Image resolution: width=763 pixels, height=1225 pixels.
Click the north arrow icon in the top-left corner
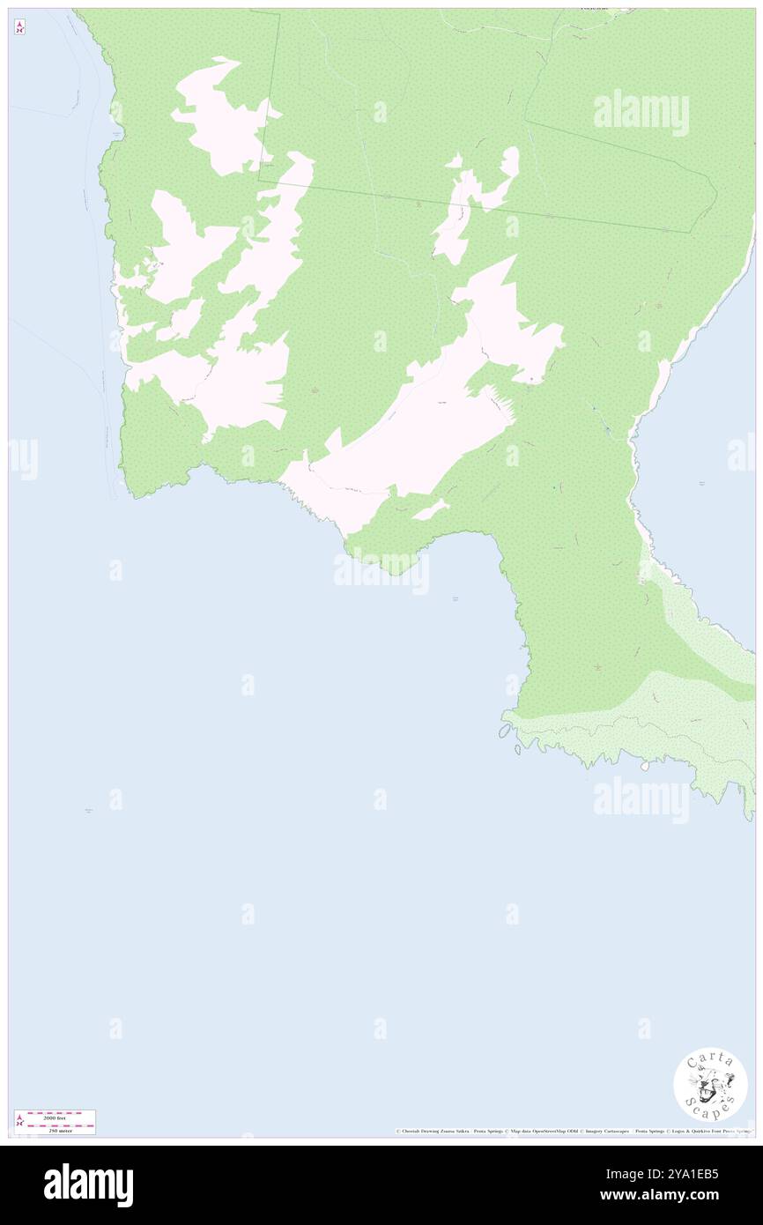click(19, 27)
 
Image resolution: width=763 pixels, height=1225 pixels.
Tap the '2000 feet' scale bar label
click(55, 1117)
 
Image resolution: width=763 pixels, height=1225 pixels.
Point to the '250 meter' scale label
click(55, 1129)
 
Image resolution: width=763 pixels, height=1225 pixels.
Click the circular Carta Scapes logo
click(710, 1085)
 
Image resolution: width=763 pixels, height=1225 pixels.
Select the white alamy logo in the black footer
click(88, 1185)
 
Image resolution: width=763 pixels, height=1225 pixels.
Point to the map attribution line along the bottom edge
click(574, 1131)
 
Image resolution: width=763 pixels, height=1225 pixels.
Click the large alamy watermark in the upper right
click(641, 113)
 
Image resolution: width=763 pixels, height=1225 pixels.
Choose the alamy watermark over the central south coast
click(381, 571)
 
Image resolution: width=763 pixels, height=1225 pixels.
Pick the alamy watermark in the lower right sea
click(641, 800)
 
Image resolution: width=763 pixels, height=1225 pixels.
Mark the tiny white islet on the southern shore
click(644, 766)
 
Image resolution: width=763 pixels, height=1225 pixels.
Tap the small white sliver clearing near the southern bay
click(429, 509)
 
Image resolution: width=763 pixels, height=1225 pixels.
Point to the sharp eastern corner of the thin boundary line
click(716, 190)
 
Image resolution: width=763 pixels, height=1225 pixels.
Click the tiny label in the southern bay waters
click(456, 599)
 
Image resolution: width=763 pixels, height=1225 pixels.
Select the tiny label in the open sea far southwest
click(88, 811)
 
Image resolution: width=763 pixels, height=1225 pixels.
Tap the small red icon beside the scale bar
click(19, 1121)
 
